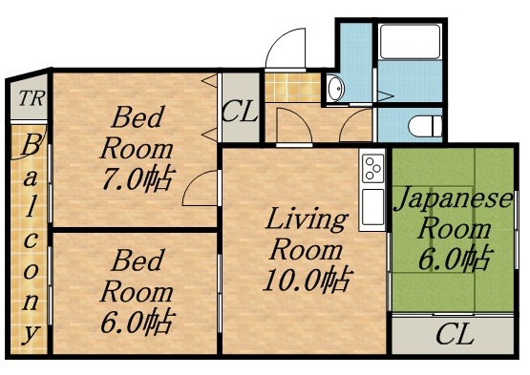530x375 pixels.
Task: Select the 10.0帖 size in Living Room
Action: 308,280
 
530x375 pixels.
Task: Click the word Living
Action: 306,220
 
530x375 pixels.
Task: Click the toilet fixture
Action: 419,125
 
